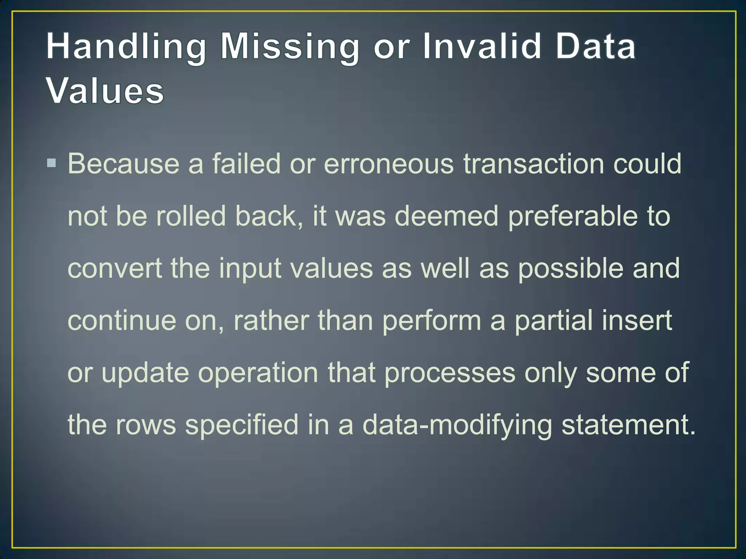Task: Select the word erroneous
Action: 389,164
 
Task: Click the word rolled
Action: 191,216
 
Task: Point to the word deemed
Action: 446,216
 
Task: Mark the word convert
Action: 115,269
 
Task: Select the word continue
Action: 122,321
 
